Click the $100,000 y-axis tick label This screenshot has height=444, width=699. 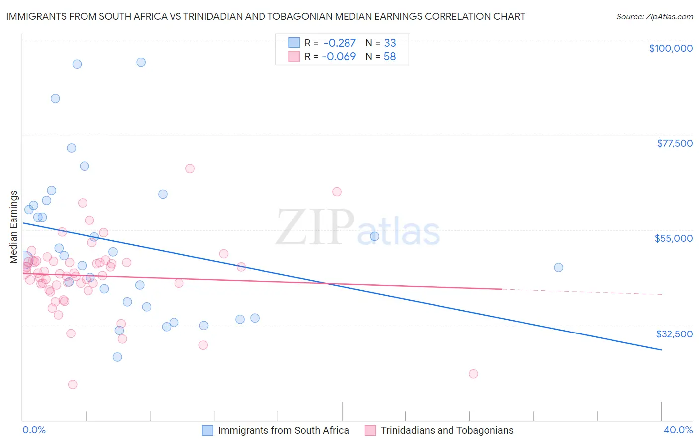coord(671,48)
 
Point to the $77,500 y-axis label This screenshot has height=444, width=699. coord(675,143)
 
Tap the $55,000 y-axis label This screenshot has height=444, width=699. coord(674,238)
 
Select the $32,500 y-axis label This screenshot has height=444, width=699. coord(674,334)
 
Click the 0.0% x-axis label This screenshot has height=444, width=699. coord(34,430)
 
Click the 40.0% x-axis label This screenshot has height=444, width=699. coord(678,430)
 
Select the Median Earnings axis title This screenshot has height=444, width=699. coord(14,227)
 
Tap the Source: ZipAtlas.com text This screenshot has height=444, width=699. coord(655,16)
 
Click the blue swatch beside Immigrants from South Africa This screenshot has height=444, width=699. coord(207,430)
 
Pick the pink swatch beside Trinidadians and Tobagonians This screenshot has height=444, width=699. coord(370,430)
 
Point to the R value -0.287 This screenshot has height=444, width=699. coord(339,43)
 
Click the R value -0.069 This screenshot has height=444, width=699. coord(339,56)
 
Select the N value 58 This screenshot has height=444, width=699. coord(390,56)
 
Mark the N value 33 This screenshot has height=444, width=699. coord(390,43)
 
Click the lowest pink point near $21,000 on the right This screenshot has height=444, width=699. coord(473,374)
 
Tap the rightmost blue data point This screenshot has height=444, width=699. coord(559,267)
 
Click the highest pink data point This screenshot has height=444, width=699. coord(190,169)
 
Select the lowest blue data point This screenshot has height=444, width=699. coord(117,357)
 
